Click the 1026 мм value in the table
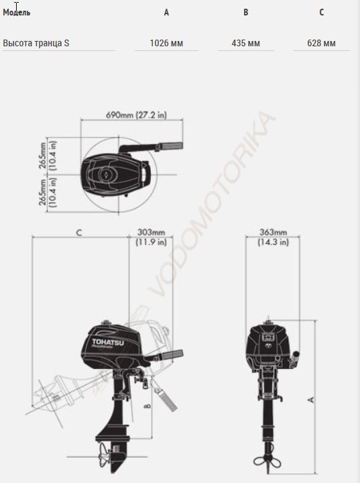166,43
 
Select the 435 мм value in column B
246,43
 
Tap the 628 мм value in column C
321,43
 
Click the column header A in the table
166,12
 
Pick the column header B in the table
246,12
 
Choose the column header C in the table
322,12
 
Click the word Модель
17,13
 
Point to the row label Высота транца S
36,43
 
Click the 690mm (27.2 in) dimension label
136,115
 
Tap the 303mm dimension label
151,232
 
